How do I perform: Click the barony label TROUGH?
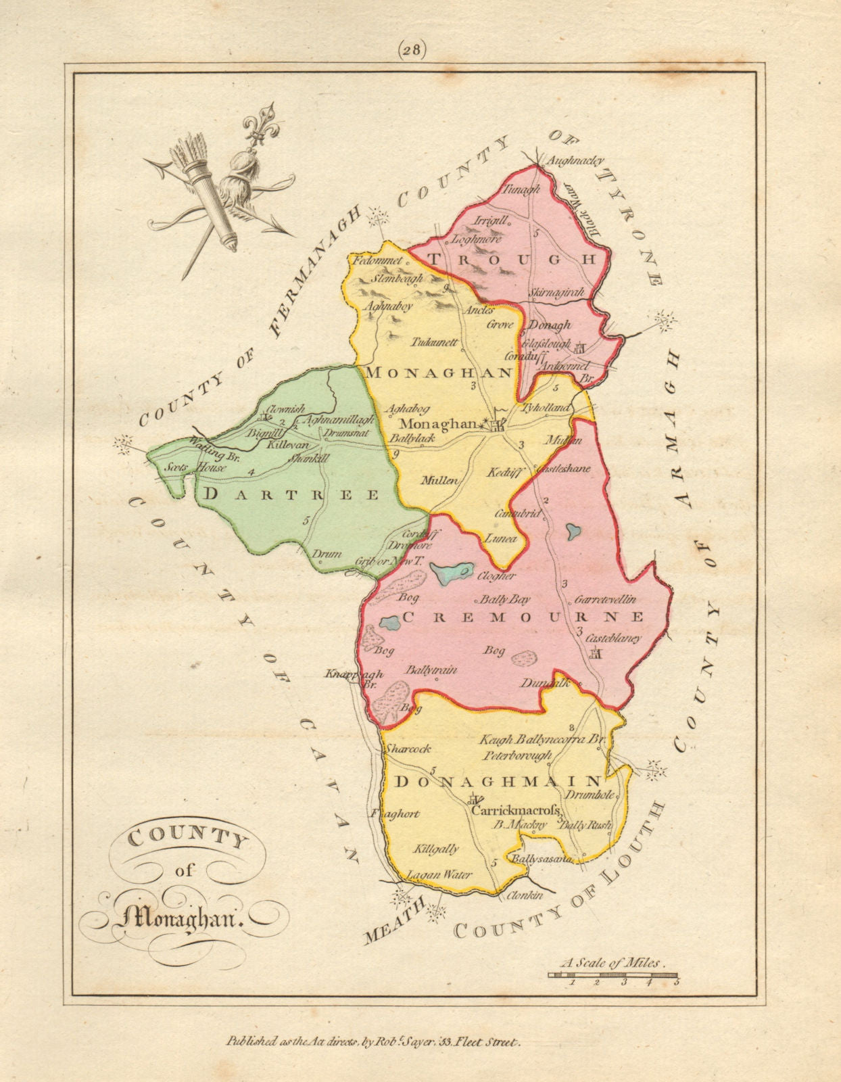[x=504, y=260]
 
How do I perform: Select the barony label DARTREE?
[x=291, y=494]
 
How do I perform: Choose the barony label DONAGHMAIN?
[x=498, y=781]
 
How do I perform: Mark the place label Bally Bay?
[x=504, y=599]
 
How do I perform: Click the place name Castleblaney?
[x=613, y=638]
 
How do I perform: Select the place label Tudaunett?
[x=435, y=342]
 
